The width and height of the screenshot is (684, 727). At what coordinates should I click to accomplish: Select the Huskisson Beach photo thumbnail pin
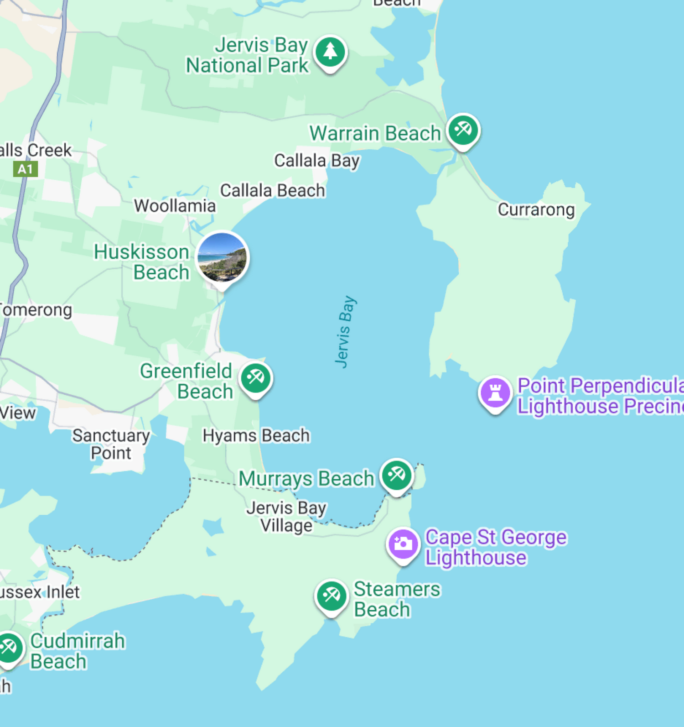(x=222, y=258)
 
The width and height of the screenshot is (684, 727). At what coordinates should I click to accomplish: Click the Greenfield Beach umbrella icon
(x=255, y=378)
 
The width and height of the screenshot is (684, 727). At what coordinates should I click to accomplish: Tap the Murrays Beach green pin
(x=396, y=475)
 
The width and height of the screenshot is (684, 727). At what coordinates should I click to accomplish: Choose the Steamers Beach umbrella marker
(x=331, y=596)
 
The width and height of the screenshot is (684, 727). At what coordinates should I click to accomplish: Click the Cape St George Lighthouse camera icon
(x=403, y=544)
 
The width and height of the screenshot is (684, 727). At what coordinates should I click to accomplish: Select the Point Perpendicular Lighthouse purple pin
(x=495, y=393)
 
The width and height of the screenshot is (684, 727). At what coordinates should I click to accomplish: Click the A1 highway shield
(x=25, y=169)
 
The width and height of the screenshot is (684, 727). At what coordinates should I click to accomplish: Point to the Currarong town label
(x=536, y=209)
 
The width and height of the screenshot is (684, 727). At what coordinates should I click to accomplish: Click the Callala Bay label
(x=317, y=161)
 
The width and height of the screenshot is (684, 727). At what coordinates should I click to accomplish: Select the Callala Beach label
(x=273, y=190)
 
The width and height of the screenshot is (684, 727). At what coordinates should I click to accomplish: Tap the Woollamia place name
(x=175, y=206)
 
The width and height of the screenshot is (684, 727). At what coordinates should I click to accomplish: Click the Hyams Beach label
(x=256, y=435)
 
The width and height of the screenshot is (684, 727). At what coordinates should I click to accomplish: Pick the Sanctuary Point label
(x=111, y=444)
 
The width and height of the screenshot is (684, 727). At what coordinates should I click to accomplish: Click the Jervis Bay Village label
(x=286, y=516)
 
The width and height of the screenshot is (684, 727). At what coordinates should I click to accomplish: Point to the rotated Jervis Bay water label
(x=345, y=331)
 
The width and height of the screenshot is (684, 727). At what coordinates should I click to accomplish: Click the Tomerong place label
(x=36, y=310)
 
